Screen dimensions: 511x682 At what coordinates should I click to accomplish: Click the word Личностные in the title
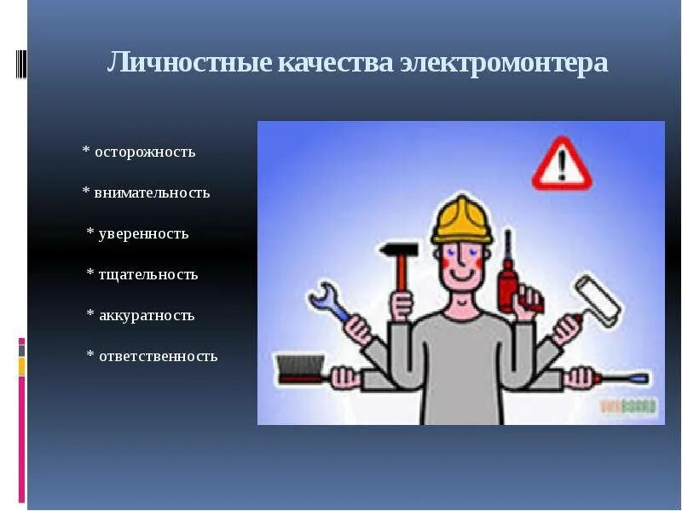pyautogui.click(x=189, y=63)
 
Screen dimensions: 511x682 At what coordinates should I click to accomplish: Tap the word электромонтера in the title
pyautogui.click(x=504, y=63)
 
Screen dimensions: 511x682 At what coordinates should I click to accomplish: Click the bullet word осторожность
pyautogui.click(x=145, y=152)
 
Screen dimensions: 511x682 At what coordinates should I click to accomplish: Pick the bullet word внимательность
pyautogui.click(x=152, y=193)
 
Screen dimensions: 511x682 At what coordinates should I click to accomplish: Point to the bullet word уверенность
pyautogui.click(x=143, y=234)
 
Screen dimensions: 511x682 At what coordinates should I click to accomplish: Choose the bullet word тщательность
pyautogui.click(x=148, y=275)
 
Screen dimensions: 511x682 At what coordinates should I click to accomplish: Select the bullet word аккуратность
pyautogui.click(x=147, y=316)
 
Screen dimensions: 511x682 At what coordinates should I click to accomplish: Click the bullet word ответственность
pyautogui.click(x=158, y=357)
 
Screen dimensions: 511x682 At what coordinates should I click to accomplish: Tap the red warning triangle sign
pyautogui.click(x=562, y=165)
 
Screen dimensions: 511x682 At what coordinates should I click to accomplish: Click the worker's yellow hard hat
pyautogui.click(x=461, y=219)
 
